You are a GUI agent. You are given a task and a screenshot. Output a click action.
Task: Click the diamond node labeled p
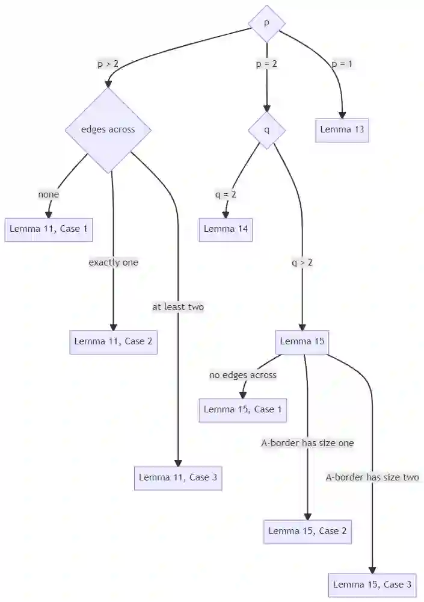(266, 23)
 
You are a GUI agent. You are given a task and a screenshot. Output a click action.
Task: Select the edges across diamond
(108, 129)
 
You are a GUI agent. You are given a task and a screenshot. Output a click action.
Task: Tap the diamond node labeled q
(266, 129)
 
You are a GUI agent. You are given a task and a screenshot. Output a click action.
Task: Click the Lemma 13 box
(342, 129)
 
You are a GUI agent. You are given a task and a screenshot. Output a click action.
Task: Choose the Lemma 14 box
(226, 229)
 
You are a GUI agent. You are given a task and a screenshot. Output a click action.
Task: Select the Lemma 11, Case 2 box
(113, 341)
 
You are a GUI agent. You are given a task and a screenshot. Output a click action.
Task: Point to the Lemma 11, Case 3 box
(178, 477)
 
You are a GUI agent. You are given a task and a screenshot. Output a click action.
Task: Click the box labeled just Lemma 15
(303, 341)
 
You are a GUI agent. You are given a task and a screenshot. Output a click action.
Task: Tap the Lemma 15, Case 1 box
(243, 409)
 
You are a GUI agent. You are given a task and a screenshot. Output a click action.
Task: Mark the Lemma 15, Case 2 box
(307, 531)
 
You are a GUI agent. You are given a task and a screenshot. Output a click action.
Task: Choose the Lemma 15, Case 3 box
(372, 585)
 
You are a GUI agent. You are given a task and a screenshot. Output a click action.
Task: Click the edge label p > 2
(108, 63)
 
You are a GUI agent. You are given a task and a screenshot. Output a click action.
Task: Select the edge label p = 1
(342, 63)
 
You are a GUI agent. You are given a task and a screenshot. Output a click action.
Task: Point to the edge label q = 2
(226, 194)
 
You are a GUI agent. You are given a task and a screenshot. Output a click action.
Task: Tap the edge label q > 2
(302, 262)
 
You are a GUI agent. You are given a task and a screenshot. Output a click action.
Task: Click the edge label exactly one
(113, 262)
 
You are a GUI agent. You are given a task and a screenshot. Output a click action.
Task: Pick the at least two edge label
(178, 307)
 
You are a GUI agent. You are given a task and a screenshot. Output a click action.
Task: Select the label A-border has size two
(372, 477)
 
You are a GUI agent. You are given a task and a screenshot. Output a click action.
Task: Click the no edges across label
(243, 375)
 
